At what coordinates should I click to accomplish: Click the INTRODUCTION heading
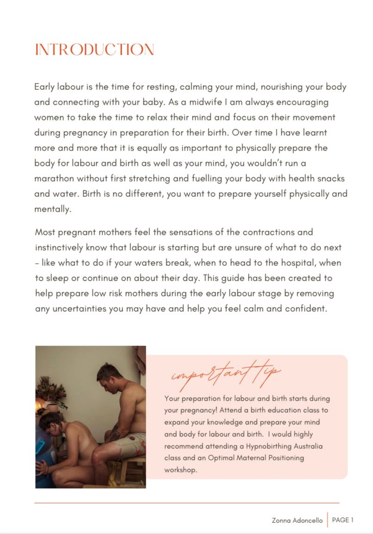[x=94, y=50]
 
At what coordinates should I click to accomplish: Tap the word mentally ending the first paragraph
[x=53, y=209]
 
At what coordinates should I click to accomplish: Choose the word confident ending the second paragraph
[x=305, y=308]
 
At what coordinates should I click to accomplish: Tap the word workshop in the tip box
[x=181, y=470]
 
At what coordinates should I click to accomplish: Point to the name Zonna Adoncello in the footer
[x=297, y=521]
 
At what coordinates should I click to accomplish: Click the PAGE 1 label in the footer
[x=343, y=520]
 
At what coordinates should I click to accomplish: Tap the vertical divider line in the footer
[x=327, y=520]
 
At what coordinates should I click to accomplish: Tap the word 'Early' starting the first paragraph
[x=44, y=87]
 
